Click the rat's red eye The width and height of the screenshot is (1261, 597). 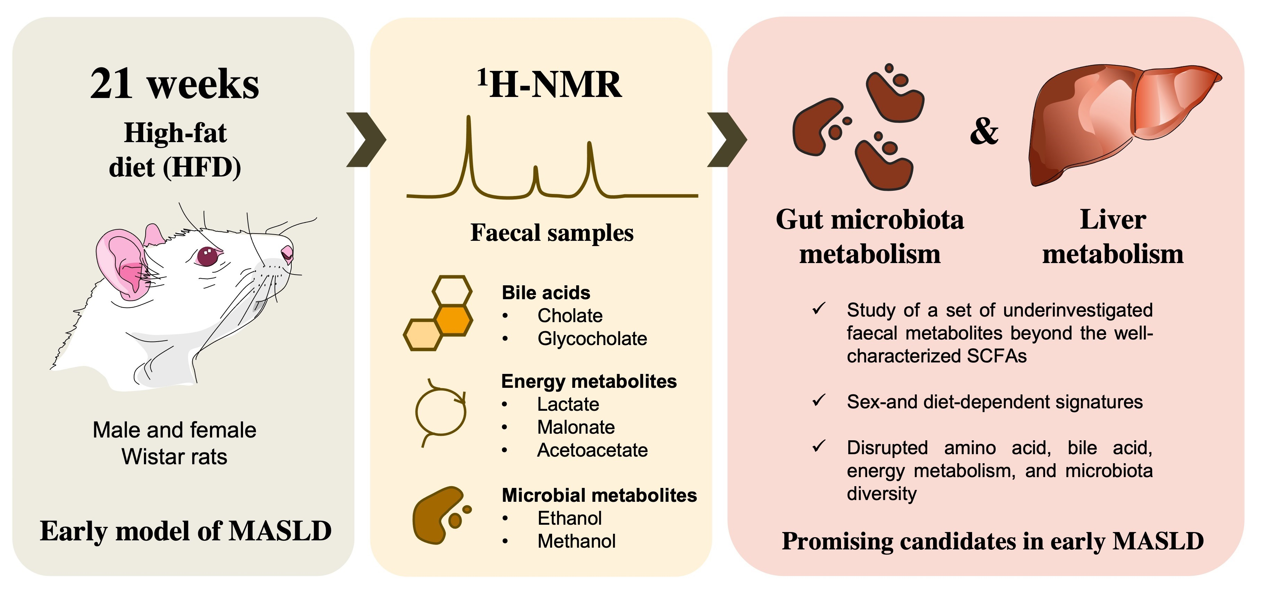point(207,256)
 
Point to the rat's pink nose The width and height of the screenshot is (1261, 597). point(287,253)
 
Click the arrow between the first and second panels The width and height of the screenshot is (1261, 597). point(366,139)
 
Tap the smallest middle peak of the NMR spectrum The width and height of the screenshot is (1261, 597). point(536,171)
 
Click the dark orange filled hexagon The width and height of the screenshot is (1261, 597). point(454,320)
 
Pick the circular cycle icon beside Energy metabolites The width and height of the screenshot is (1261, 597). point(440,412)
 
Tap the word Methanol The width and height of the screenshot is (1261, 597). point(576,541)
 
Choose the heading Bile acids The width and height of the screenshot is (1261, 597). point(546,293)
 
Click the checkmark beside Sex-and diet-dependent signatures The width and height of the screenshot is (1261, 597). point(818,401)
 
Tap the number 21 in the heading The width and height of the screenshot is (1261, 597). point(111,84)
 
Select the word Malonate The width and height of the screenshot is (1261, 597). point(576,427)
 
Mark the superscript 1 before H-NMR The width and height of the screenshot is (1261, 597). point(482,77)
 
